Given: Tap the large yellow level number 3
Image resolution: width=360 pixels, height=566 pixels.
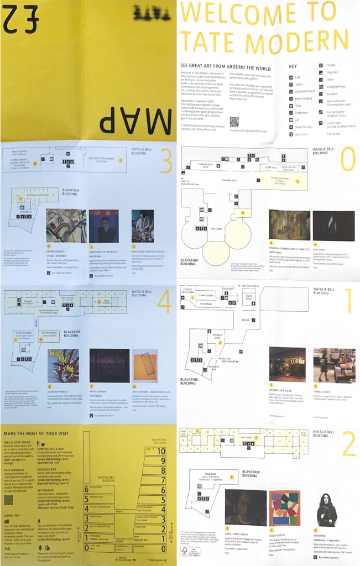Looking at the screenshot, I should pos(164,161).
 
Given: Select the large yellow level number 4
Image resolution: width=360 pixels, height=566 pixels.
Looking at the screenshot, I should pos(164,302).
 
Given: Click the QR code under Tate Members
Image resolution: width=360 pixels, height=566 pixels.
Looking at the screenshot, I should pos(8,500).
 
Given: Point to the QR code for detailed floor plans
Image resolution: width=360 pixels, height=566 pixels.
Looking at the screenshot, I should pos(234,122).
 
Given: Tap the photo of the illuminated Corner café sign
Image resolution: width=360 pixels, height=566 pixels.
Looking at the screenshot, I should pos(287,365).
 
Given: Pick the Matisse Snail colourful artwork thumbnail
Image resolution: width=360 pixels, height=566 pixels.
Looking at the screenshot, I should pos(284,507).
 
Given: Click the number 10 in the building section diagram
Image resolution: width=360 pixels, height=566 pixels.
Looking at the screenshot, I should pos(161,451).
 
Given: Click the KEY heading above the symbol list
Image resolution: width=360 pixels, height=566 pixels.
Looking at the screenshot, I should pos(293,66).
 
